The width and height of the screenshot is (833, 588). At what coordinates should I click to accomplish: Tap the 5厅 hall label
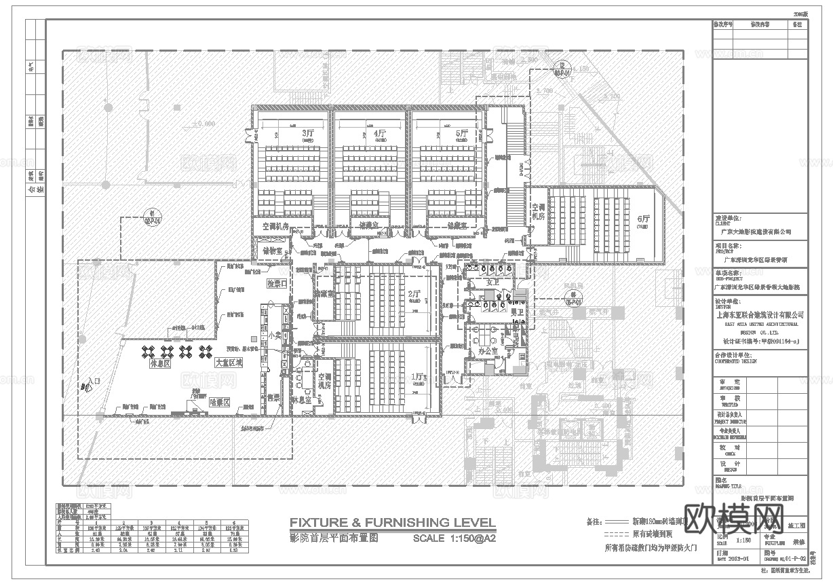coord(462,134)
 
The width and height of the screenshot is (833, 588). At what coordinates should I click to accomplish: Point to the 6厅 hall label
coord(644,219)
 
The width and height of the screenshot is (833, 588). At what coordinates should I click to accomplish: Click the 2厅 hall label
coord(416,295)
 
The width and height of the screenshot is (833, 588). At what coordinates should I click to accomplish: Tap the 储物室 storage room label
coord(271,251)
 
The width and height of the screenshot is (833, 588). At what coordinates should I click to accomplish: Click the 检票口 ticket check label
coord(277,282)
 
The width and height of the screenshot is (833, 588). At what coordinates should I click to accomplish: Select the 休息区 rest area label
coord(159,364)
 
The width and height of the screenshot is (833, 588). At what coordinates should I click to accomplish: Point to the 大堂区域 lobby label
coord(229,364)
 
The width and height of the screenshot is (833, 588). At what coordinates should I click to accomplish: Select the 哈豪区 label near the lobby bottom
coord(220,403)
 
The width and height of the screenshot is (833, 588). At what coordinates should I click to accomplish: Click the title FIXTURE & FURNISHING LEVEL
coord(392,522)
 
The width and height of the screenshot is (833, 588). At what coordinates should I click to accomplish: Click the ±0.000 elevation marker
coord(202,124)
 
